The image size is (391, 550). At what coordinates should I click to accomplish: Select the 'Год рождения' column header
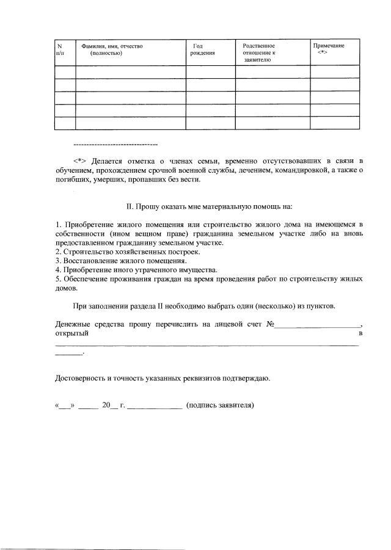[202, 49]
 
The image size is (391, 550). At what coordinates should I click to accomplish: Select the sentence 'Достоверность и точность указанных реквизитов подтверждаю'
[163, 378]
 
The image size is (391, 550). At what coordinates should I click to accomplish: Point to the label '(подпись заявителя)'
[220, 405]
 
